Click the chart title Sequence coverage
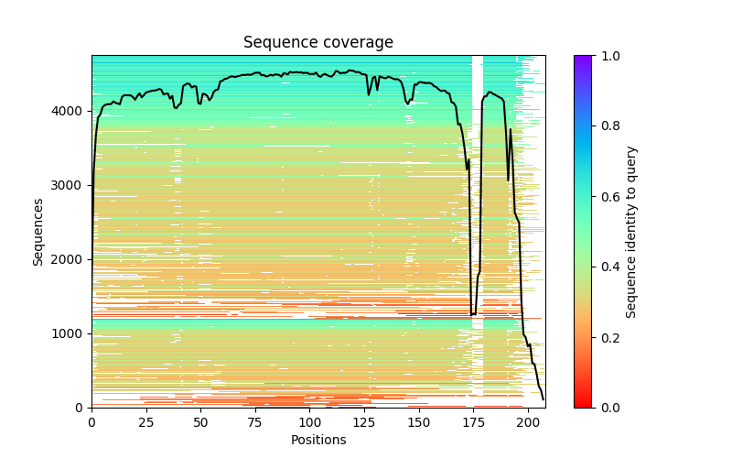point(318,43)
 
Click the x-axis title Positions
point(318,440)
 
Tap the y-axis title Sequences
point(38,231)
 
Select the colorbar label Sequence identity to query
point(631,231)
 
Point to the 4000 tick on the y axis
point(73,111)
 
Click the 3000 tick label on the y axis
point(73,185)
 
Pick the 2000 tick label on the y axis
point(73,259)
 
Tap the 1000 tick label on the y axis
point(73,333)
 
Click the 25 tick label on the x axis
point(146,422)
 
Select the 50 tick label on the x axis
point(200,422)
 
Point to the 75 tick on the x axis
point(255,422)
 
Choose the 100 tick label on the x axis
point(310,422)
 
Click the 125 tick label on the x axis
point(364,422)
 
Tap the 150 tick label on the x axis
point(419,422)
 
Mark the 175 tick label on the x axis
point(474,422)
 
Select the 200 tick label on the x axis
point(528,422)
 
